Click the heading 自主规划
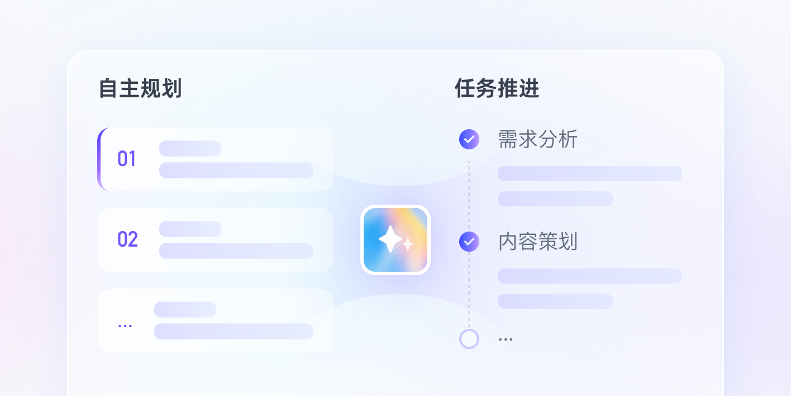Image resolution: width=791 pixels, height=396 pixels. tap(140, 88)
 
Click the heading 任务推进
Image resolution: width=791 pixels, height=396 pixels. tap(497, 88)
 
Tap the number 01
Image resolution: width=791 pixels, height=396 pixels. tap(126, 159)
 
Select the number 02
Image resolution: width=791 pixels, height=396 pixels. tap(127, 239)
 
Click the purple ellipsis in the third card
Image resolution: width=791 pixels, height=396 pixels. tap(125, 326)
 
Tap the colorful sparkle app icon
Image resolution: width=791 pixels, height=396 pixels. tap(395, 240)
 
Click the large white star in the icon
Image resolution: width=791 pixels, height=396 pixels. tap(390, 239)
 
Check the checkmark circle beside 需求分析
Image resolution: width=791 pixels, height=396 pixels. tap(469, 139)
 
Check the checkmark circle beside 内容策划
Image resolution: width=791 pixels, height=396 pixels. tap(469, 242)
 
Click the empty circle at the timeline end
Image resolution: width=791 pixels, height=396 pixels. tap(469, 339)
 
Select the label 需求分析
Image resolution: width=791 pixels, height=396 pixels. tap(537, 139)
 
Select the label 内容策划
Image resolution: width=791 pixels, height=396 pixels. tap(537, 242)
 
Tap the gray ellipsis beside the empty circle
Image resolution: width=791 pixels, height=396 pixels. tap(506, 340)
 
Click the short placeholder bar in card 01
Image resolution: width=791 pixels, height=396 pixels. tap(190, 148)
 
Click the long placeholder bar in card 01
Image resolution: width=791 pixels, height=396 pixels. tap(236, 170)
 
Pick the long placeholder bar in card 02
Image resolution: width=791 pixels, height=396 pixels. tap(236, 251)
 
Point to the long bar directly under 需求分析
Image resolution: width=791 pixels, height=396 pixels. tap(590, 173)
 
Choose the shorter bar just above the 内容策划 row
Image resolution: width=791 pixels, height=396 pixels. tap(555, 199)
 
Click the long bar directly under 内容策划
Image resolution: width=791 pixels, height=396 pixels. tap(590, 276)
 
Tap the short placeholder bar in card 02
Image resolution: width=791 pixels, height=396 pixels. tap(190, 229)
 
